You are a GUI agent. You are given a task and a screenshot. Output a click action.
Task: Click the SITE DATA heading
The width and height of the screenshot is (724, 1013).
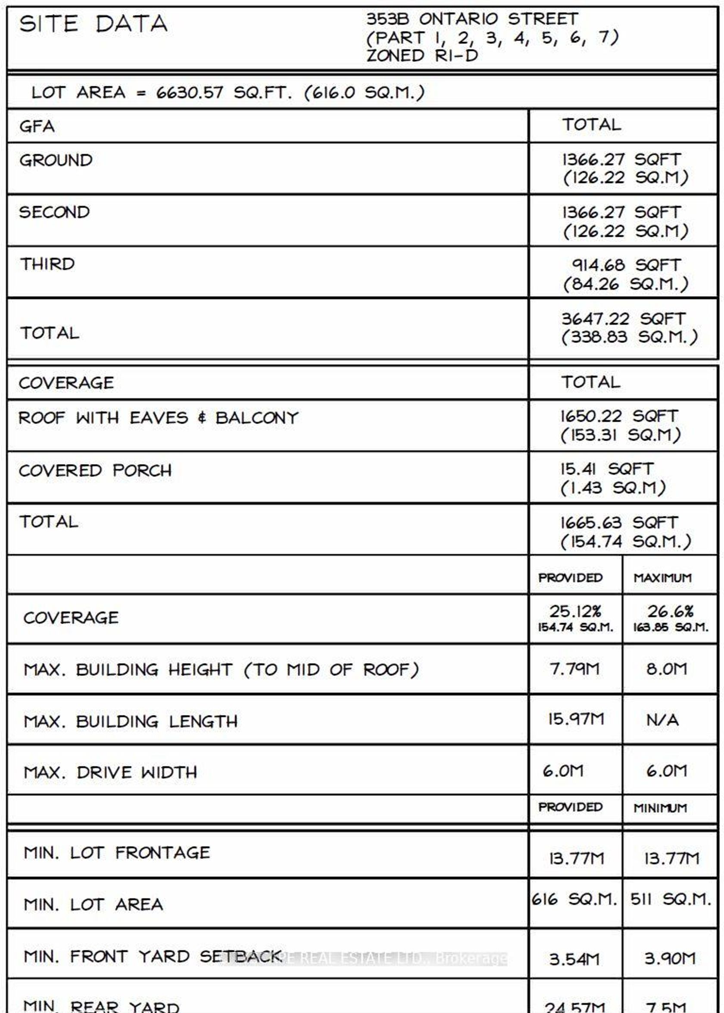pos(93,24)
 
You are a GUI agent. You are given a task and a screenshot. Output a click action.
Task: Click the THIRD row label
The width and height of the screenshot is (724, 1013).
pos(47,264)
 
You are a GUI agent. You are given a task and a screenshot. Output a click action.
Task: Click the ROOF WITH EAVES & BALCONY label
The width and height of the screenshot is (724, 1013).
pos(158,418)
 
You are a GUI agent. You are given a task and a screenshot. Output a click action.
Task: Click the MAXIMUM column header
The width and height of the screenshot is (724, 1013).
pos(662,578)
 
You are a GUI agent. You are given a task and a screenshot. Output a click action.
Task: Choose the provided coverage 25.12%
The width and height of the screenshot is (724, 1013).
pos(575,611)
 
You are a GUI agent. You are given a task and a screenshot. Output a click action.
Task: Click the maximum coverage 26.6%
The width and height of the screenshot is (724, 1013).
pos(670,611)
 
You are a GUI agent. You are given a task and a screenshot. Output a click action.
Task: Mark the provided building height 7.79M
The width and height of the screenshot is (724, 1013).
pos(574,669)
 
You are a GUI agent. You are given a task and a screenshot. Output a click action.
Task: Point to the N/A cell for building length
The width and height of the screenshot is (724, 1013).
pos(662,720)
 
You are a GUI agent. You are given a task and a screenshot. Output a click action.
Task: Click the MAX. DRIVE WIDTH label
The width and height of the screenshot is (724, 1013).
pos(110,772)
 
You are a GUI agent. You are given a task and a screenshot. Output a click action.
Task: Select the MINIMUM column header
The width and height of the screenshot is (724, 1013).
pos(660,808)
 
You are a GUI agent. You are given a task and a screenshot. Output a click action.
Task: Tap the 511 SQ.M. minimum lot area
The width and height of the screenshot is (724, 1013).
pos(671,899)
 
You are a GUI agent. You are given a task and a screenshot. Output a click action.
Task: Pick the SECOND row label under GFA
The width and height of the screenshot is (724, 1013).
pos(54,212)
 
